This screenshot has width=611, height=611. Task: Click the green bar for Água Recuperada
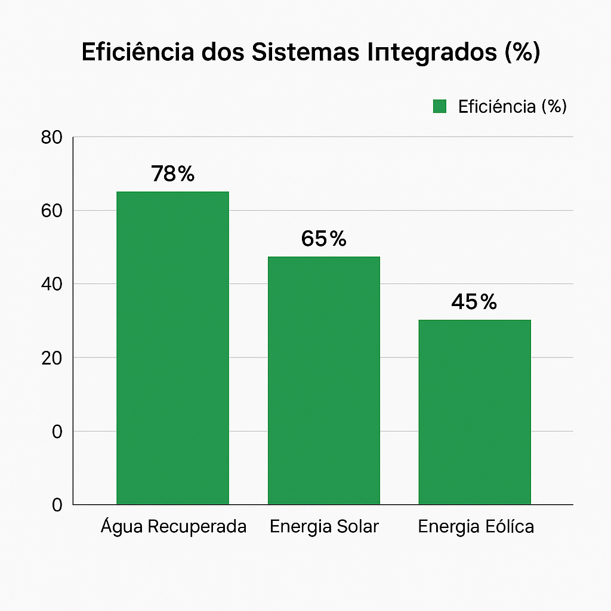tap(172, 348)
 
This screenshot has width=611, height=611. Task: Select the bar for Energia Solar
tap(324, 380)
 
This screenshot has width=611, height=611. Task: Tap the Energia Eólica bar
tap(474, 412)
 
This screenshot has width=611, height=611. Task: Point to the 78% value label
tap(172, 174)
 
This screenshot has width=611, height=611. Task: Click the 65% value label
tap(323, 239)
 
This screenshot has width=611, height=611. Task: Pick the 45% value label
tap(474, 301)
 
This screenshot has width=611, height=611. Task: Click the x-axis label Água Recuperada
tap(174, 526)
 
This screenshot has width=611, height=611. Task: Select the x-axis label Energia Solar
tap(324, 526)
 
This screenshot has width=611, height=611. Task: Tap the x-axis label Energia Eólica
tap(476, 526)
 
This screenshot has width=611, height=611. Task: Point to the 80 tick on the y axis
tap(52, 138)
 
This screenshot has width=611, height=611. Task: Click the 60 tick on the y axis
tap(52, 211)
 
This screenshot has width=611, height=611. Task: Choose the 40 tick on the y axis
tap(52, 284)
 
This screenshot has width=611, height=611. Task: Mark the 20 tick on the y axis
tap(52, 358)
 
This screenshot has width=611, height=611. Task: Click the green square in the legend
tap(440, 106)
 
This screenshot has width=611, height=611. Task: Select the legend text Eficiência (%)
tap(513, 106)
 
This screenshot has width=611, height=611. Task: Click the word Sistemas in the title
tap(305, 52)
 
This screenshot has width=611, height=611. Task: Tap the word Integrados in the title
tap(432, 53)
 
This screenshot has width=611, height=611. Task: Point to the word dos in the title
tap(223, 52)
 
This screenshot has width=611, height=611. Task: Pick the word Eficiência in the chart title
tap(138, 51)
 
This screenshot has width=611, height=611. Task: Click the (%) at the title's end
tap(523, 52)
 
